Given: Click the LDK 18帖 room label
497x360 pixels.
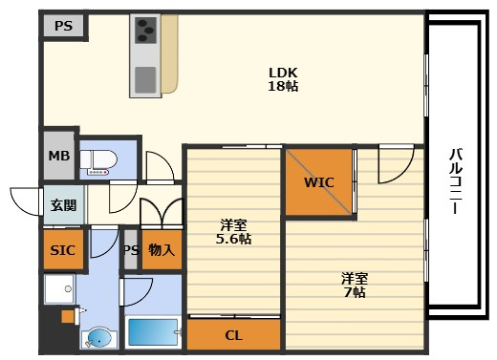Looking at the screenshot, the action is click(x=283, y=79).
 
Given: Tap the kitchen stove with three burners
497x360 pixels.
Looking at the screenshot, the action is click(x=145, y=31).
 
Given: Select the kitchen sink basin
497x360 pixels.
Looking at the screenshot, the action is click(x=145, y=79).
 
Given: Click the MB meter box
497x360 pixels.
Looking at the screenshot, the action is click(x=59, y=156).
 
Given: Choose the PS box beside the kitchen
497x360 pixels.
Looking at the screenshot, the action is click(x=63, y=26).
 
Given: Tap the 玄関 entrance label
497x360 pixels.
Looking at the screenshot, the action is click(x=64, y=205).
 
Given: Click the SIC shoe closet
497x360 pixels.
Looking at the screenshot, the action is click(x=63, y=250).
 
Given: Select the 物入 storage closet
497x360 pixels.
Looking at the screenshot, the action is click(x=162, y=250).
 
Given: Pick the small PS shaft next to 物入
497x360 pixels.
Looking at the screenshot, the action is click(x=131, y=250).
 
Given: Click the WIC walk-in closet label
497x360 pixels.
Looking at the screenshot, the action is click(x=319, y=182).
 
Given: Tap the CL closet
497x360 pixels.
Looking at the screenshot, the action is click(x=233, y=335).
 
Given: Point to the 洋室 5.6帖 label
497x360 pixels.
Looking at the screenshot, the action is click(x=233, y=232).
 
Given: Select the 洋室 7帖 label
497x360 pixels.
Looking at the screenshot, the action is click(x=355, y=285).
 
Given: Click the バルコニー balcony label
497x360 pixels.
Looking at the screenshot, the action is click(x=456, y=180).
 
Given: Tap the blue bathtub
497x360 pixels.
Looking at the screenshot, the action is click(x=153, y=332).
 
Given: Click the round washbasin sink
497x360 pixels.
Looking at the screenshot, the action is click(x=98, y=338).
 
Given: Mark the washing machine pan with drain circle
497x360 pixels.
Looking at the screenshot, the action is click(x=60, y=289).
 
